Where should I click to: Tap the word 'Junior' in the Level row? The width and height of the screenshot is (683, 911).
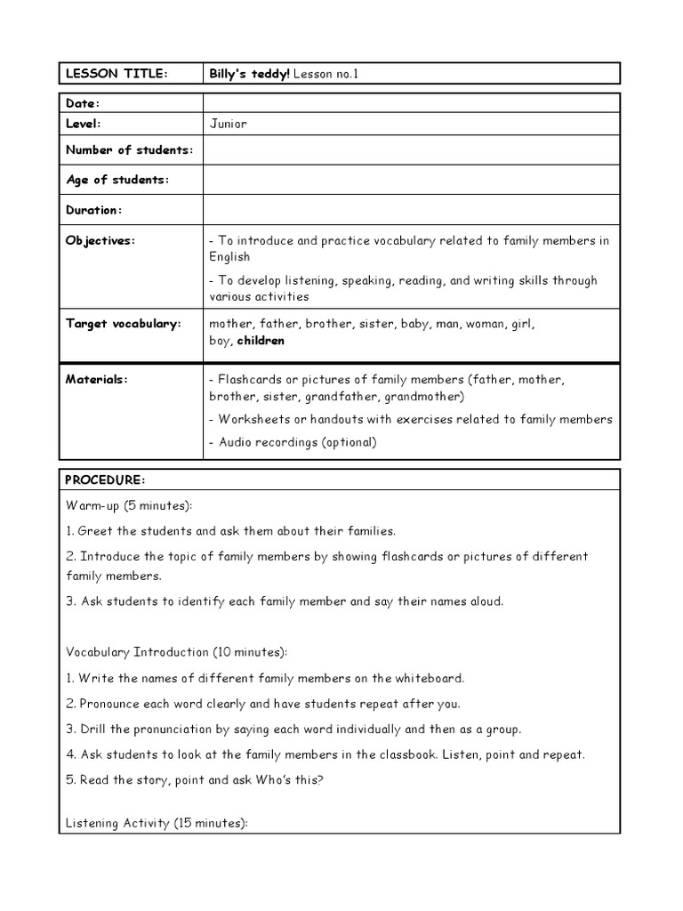[228, 124]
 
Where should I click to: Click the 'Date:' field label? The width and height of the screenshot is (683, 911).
[83, 104]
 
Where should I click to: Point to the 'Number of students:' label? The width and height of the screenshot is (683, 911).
[129, 149]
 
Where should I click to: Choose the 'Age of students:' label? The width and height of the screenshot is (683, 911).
[117, 180]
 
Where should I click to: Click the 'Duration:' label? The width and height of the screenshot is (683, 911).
[92, 210]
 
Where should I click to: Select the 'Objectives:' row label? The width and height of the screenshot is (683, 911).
[100, 241]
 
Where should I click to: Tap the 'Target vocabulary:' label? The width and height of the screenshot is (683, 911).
[123, 324]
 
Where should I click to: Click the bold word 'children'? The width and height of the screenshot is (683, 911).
[261, 341]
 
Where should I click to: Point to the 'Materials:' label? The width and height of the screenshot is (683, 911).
[97, 379]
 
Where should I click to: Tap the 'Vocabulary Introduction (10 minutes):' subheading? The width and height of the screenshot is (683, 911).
[176, 652]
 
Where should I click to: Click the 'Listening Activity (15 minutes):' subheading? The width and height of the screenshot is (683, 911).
[157, 824]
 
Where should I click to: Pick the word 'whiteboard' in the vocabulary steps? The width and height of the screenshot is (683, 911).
[430, 678]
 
